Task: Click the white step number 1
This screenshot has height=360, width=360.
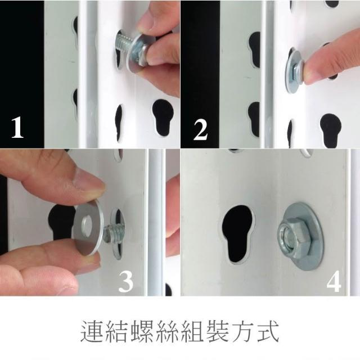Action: click(x=17, y=128)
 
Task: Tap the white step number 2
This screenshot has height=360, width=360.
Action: click(x=201, y=130)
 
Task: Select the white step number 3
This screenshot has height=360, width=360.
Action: click(x=125, y=281)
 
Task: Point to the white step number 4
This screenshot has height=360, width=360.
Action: click(x=334, y=281)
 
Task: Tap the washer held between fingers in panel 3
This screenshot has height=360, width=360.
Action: click(x=88, y=228)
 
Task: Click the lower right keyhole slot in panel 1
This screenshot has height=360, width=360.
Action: click(x=163, y=118)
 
